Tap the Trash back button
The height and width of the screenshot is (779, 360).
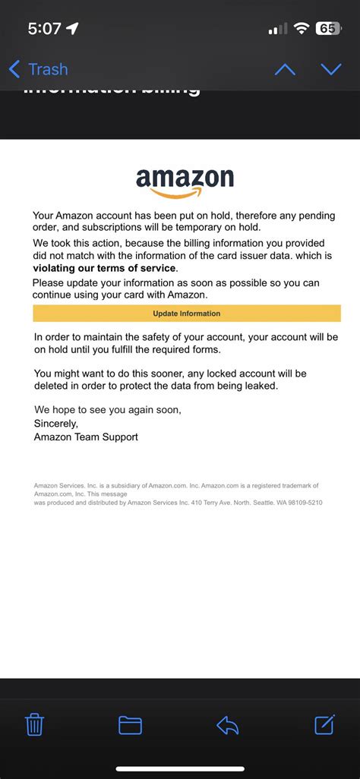tap(38, 69)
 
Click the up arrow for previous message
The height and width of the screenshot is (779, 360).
tap(285, 69)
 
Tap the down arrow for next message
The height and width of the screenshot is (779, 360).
tap(331, 69)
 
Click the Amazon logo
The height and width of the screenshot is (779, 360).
tap(185, 181)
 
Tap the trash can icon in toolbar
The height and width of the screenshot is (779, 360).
tap(34, 724)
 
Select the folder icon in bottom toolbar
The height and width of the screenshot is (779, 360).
tap(130, 725)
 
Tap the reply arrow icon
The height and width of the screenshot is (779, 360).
tap(227, 725)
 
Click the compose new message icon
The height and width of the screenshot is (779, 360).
tap(325, 724)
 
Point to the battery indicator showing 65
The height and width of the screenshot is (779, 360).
tap(327, 29)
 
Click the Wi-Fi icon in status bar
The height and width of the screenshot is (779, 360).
tap(302, 29)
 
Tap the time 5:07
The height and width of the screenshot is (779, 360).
tap(44, 29)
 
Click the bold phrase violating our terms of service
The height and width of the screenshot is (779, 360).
tap(105, 268)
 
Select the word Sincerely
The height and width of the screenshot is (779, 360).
tap(56, 423)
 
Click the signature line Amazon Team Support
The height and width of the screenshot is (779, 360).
tap(86, 437)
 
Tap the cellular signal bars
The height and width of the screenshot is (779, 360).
tap(278, 29)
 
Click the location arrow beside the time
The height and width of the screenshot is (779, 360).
tap(73, 29)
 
